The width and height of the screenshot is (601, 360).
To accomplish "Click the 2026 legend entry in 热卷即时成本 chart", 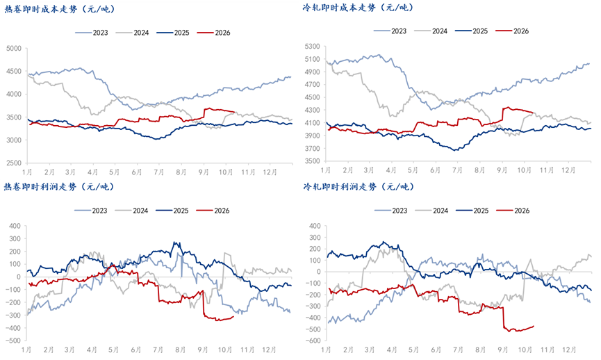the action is click(x=214, y=33).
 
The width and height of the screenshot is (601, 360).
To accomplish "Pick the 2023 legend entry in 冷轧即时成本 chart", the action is click(x=390, y=31).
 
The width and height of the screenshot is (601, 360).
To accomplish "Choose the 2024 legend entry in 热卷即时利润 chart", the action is click(x=131, y=211).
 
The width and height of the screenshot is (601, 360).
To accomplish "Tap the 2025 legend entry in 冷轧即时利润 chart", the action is click(x=472, y=211).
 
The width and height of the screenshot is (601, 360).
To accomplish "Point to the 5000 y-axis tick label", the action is click(x=14, y=49).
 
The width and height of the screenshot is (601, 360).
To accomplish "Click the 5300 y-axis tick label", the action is click(x=312, y=47).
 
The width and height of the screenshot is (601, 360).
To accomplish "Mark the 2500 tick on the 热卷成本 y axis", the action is click(x=14, y=163).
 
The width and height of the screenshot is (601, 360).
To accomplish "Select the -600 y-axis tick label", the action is click(x=313, y=341).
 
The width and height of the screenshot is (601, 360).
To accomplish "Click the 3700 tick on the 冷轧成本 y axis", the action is click(x=312, y=148).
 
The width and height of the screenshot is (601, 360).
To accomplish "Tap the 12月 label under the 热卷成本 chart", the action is click(x=270, y=172).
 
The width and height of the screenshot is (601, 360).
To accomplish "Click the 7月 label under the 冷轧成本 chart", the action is click(x=457, y=170).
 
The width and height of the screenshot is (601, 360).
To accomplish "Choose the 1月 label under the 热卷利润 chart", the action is click(x=26, y=350).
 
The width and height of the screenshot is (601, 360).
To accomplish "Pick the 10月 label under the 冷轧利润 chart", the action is click(x=525, y=350).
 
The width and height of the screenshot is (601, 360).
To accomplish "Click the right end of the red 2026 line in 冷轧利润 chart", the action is click(x=534, y=326).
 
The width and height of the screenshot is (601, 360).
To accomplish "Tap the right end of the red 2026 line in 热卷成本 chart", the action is click(x=234, y=112).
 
